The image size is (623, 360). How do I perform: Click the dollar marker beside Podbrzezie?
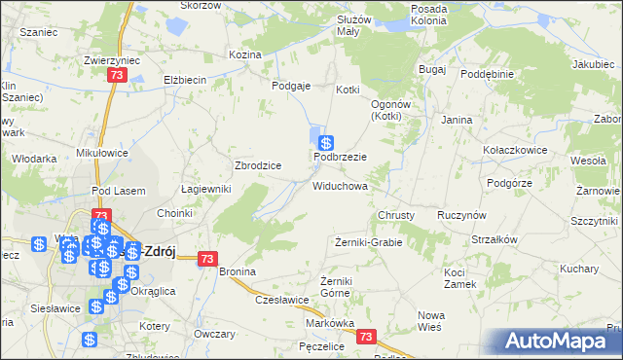click(x=328, y=142)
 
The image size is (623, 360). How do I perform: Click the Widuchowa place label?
click(x=340, y=185)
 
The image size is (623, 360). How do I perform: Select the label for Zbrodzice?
click(x=258, y=165)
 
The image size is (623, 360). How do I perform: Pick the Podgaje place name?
click(x=291, y=86)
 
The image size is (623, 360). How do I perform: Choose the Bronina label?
click(x=237, y=271)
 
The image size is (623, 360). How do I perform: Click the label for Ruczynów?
click(x=462, y=215)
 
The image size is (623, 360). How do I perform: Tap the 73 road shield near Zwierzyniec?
click(x=118, y=76)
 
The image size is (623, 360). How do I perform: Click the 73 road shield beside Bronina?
click(x=206, y=259)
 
